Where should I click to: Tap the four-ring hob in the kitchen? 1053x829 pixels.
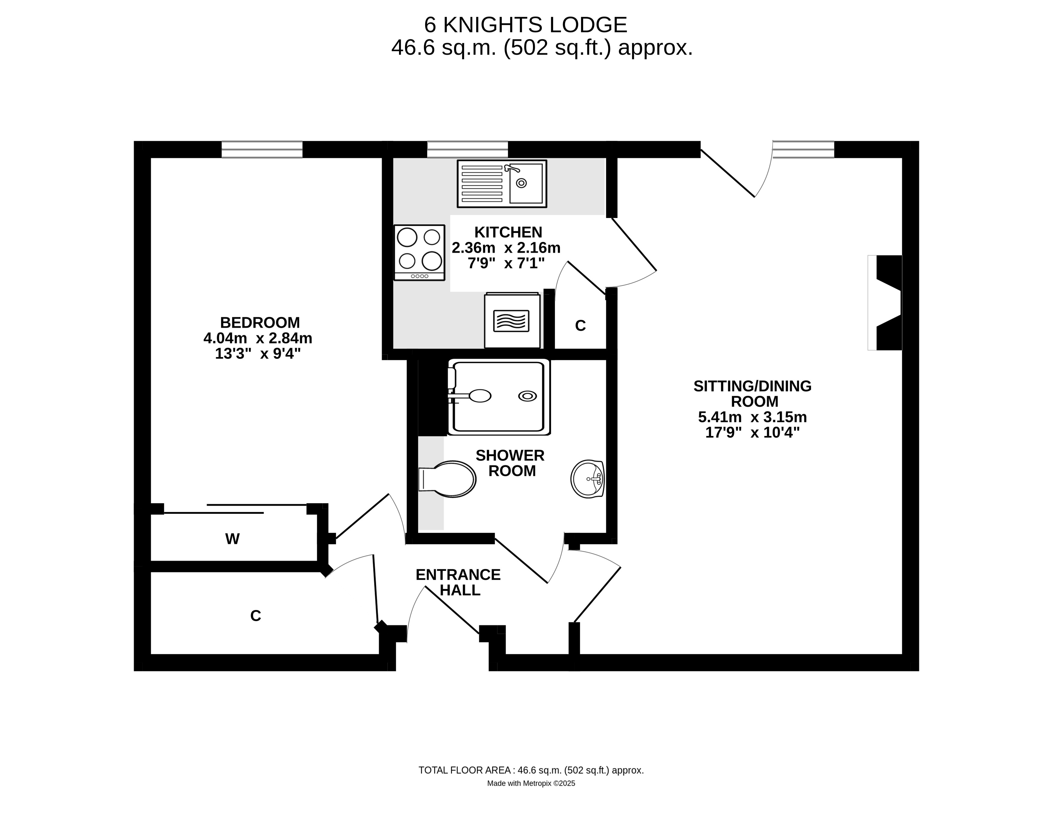(x=419, y=253)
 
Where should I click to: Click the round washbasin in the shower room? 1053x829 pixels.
(x=588, y=479)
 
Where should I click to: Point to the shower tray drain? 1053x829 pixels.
(x=528, y=396)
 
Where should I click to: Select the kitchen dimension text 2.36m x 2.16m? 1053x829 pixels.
(x=506, y=248)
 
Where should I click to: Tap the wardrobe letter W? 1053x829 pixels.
(x=232, y=539)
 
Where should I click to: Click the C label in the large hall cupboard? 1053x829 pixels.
(x=256, y=616)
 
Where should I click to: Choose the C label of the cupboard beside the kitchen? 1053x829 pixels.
(x=580, y=326)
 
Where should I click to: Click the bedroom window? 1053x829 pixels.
(x=262, y=150)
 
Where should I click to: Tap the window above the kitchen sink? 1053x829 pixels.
(x=467, y=150)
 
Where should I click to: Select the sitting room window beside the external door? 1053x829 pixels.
(x=803, y=150)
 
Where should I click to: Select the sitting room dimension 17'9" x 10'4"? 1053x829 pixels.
(x=752, y=432)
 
